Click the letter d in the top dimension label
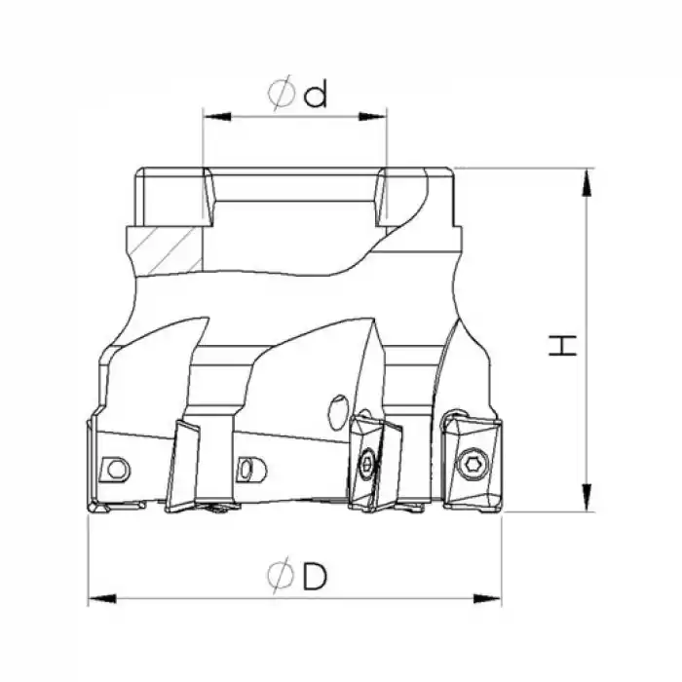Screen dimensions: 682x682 [x=315, y=95]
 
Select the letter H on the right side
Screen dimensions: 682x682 [x=562, y=344]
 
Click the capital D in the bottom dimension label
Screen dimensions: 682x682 [x=315, y=576]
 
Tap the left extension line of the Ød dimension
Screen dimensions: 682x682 [x=202, y=146]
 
